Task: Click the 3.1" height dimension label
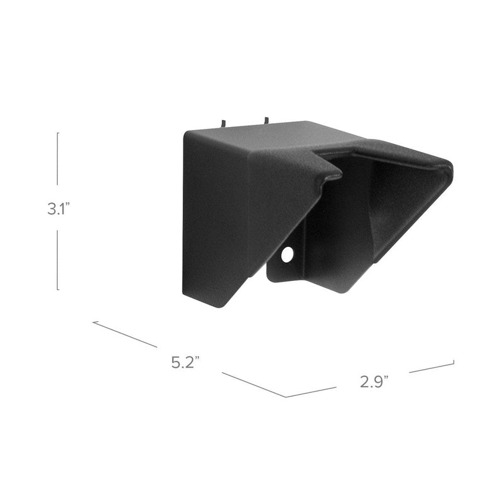57,209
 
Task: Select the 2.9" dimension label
374,382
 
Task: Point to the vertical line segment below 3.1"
58,259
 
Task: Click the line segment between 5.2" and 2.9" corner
254,384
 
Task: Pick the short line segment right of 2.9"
431,367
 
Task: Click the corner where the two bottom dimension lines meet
287,397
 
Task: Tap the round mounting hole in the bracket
287,255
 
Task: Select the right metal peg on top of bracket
266,119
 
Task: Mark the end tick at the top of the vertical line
58,133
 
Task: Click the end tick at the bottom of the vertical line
58,290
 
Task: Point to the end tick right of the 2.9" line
453,362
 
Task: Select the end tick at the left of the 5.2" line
94,322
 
